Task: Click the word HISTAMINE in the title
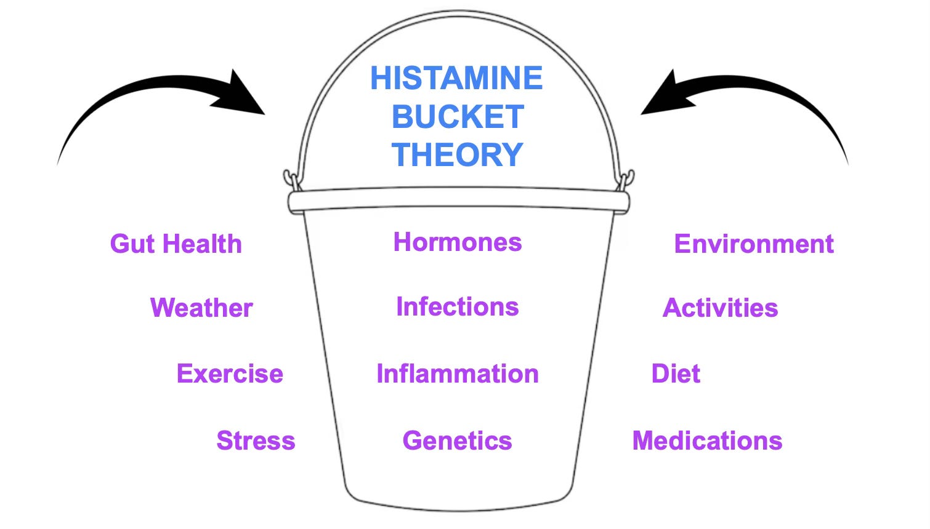click(456, 78)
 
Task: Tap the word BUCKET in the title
click(458, 117)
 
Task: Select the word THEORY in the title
click(457, 154)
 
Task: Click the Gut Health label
click(176, 244)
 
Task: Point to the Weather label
click(201, 308)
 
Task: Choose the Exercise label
click(230, 374)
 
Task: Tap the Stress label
click(256, 441)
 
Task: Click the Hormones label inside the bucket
click(458, 242)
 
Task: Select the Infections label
click(458, 307)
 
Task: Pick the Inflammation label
click(458, 374)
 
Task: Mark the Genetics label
click(457, 441)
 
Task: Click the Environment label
click(754, 244)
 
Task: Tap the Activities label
click(721, 308)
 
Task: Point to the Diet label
click(676, 374)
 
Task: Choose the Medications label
click(708, 441)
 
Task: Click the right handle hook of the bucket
click(627, 180)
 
